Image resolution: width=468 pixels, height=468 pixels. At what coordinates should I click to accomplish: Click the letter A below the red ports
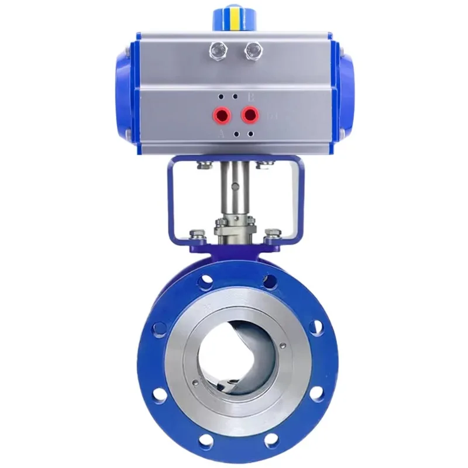[x=221, y=134]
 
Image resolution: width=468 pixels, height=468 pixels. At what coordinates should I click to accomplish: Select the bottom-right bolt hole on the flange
[x=269, y=436]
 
